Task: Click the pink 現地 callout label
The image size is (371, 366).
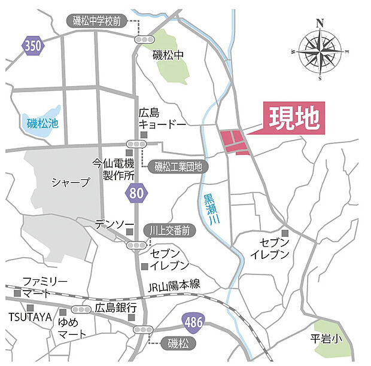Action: (x=293, y=118)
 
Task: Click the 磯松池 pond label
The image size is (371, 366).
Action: (x=43, y=124)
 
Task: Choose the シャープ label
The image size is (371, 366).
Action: (x=70, y=182)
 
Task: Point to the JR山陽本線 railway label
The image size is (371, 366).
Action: (x=174, y=286)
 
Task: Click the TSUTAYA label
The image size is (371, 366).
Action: (x=30, y=317)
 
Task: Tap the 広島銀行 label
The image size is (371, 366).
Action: (x=116, y=308)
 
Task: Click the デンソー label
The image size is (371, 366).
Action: (x=114, y=224)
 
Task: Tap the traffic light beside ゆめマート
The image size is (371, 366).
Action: (x=80, y=310)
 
